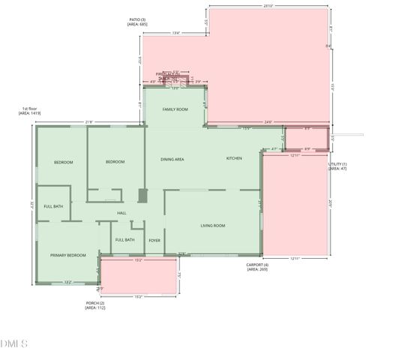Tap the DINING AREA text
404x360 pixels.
click(x=172, y=159)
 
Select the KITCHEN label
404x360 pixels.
click(x=234, y=158)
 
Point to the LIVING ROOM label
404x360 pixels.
click(x=213, y=226)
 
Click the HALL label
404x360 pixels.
click(x=121, y=214)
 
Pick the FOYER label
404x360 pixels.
click(x=154, y=240)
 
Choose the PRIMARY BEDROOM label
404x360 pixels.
click(x=68, y=256)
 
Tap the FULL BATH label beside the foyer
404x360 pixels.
click(x=125, y=240)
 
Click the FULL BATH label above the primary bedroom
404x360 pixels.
click(x=53, y=206)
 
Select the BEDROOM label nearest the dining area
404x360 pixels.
click(x=115, y=162)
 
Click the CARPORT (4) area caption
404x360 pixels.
click(x=257, y=266)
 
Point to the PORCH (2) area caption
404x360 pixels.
click(x=95, y=305)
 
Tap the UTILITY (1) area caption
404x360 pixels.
click(x=337, y=166)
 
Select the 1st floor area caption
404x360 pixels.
click(x=30, y=111)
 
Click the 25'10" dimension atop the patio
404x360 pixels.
click(x=268, y=7)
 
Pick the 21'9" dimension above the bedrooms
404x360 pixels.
click(x=89, y=122)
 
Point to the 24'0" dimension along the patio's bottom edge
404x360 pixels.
click(x=268, y=122)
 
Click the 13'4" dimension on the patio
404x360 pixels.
click(x=176, y=33)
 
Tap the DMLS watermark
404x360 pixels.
click(x=14, y=344)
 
